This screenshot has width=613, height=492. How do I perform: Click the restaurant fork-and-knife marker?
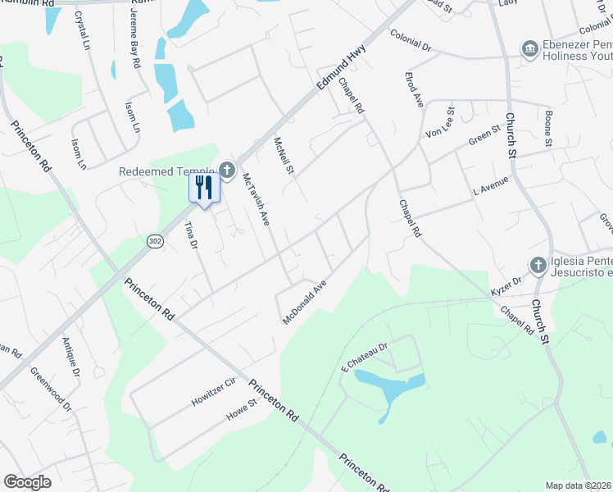pos(204,188)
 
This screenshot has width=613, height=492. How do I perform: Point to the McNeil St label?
pos(284,156)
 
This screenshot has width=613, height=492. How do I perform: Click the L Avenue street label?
pos(491,184)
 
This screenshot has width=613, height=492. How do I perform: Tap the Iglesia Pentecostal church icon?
pos(538,265)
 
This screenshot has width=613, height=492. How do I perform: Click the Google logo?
pos(28,482)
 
